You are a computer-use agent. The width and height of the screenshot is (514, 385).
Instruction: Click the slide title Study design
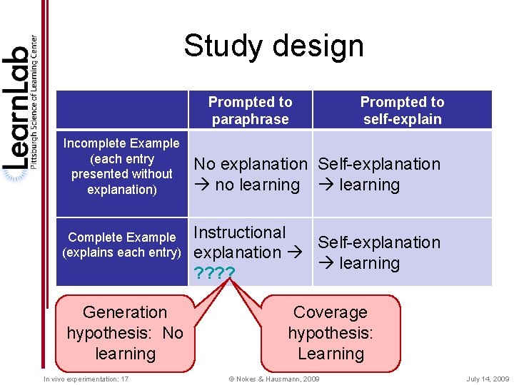(273, 46)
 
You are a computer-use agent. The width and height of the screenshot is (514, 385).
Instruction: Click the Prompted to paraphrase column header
(250, 111)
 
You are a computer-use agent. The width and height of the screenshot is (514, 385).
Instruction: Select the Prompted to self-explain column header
(402, 111)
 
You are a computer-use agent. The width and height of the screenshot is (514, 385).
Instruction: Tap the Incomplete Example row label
(121, 167)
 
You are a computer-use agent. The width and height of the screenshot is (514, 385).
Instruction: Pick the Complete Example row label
(121, 245)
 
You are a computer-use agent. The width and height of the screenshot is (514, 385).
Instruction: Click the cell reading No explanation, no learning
(250, 174)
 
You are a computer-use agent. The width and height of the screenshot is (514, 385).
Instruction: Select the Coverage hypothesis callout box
(330, 333)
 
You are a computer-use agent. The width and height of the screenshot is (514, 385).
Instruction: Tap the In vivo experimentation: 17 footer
(86, 379)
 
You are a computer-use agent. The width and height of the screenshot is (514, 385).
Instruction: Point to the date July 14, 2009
(488, 379)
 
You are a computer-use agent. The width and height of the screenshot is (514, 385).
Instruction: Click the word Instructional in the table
(240, 232)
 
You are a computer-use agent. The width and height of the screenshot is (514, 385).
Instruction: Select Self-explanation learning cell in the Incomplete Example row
(379, 174)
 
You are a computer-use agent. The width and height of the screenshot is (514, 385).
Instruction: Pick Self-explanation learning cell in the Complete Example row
(379, 252)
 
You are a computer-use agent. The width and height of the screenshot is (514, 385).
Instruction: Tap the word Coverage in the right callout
(330, 312)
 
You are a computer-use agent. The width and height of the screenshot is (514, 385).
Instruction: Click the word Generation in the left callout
(125, 312)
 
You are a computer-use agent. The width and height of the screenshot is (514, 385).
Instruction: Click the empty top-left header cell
(121, 110)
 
